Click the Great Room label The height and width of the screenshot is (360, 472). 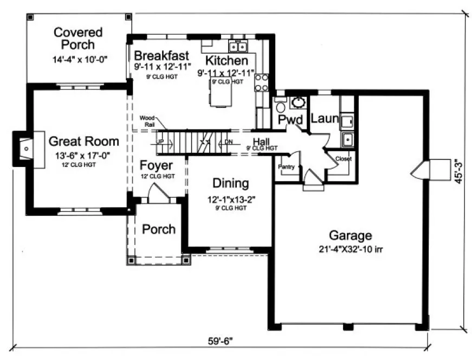tap(83, 142)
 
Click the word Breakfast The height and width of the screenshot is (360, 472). tap(161, 55)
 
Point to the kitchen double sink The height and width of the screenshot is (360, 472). tap(237, 45)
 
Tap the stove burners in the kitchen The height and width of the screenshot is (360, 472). tap(262, 82)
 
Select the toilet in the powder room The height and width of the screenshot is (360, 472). tap(280, 104)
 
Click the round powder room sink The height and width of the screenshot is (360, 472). tap(298, 102)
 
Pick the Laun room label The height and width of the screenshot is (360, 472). tap(325, 118)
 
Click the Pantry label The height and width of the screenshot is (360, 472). tap(286, 167)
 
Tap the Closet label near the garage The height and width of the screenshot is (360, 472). tap(342, 159)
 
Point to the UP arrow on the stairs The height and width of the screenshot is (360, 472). tap(160, 142)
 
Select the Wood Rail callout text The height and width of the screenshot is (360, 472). tap(148, 120)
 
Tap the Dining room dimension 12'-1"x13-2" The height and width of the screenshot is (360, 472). tap(231, 199)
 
